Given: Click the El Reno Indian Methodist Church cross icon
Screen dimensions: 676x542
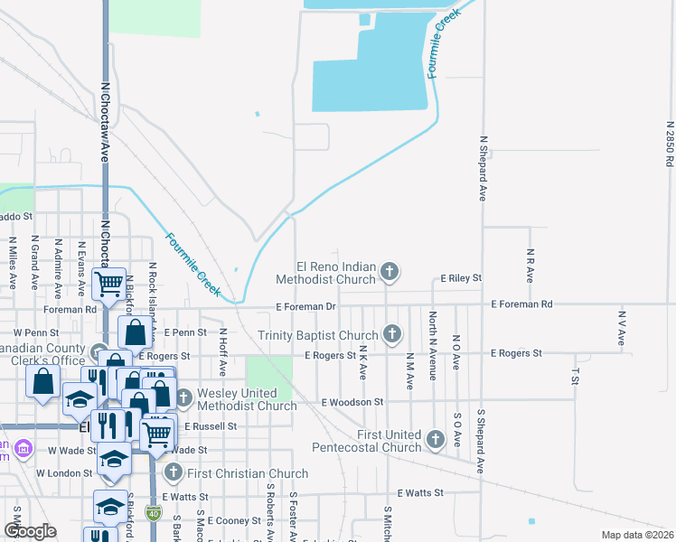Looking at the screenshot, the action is pyautogui.click(x=390, y=271).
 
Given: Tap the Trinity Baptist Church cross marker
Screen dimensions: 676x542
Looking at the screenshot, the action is pyautogui.click(x=391, y=334).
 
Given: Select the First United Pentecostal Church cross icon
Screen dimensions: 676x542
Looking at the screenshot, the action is pyautogui.click(x=436, y=439).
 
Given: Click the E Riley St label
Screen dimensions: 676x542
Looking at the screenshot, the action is pyautogui.click(x=461, y=278).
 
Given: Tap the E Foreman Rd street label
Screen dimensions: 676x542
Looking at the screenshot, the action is pyautogui.click(x=521, y=305).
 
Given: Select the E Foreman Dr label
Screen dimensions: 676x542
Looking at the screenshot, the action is pyautogui.click(x=306, y=307).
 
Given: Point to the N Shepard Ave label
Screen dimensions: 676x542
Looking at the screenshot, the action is pyautogui.click(x=484, y=168).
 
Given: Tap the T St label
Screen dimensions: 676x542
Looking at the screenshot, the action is pyautogui.click(x=575, y=376).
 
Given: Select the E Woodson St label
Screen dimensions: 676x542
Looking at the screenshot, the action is pyautogui.click(x=352, y=401).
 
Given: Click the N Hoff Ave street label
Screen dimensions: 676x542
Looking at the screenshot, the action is pyautogui.click(x=222, y=352).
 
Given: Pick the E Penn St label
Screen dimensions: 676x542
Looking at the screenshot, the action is pyautogui.click(x=185, y=332).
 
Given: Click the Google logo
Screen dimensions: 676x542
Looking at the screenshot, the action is pyautogui.click(x=30, y=531).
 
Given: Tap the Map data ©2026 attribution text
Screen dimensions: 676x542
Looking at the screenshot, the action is pyautogui.click(x=637, y=535).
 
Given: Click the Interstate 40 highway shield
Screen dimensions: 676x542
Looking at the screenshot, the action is pyautogui.click(x=153, y=512).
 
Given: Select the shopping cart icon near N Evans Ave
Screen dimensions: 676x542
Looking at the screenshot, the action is pyautogui.click(x=109, y=285).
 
